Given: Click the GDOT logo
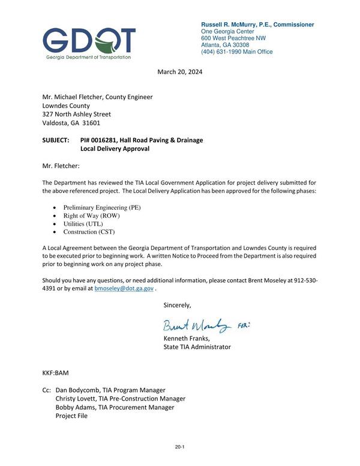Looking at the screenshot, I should pyautogui.click(x=89, y=42).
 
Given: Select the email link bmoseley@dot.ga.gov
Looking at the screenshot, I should pyautogui.click(x=124, y=289).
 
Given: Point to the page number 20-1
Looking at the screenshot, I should pyautogui.click(x=179, y=447).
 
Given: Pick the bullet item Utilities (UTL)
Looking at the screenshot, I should pyautogui.click(x=83, y=223).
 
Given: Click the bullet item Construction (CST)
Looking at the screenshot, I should pyautogui.click(x=89, y=232).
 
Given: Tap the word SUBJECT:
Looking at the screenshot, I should pyautogui.click(x=56, y=140).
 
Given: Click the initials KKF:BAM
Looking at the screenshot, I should pyautogui.click(x=56, y=373).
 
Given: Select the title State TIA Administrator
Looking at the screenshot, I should pyautogui.click(x=197, y=347).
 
